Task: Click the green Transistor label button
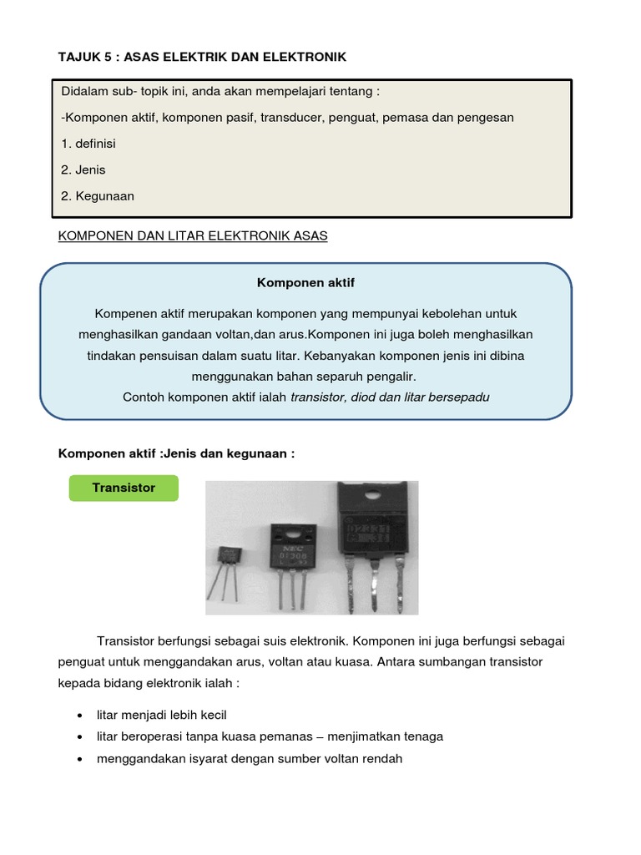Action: pos(124,488)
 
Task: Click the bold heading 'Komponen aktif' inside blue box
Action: pos(305,283)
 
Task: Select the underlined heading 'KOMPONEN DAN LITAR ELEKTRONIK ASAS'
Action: pos(193,236)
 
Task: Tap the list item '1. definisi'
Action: pos(88,144)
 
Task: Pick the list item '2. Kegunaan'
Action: pos(98,196)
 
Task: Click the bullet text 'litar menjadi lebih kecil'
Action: pos(162,715)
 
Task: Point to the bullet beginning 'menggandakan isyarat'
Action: pos(250,759)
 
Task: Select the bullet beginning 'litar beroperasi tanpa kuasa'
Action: pos(270,736)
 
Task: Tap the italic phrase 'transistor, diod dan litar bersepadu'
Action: pos(390,397)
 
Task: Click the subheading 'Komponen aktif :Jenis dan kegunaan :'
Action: pos(176,453)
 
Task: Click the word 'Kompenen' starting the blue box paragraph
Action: pos(124,313)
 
